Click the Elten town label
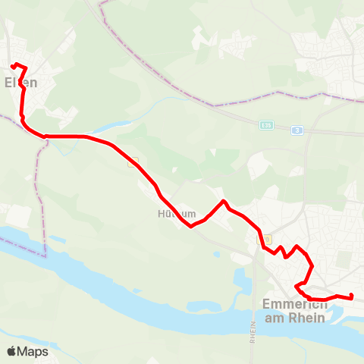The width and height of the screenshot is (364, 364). click(20, 82)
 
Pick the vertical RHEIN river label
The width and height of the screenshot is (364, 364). click(252, 332)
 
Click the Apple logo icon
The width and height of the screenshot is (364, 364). click(11, 351)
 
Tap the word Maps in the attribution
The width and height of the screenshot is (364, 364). click(33, 351)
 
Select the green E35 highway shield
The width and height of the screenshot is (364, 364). click(265, 125)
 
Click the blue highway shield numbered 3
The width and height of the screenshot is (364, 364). click(297, 130)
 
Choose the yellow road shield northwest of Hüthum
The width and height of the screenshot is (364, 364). click(135, 160)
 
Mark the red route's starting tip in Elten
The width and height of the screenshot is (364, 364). click(15, 64)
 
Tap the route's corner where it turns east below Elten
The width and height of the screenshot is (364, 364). click(45, 136)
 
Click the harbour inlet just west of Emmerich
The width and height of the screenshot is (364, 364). click(241, 282)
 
